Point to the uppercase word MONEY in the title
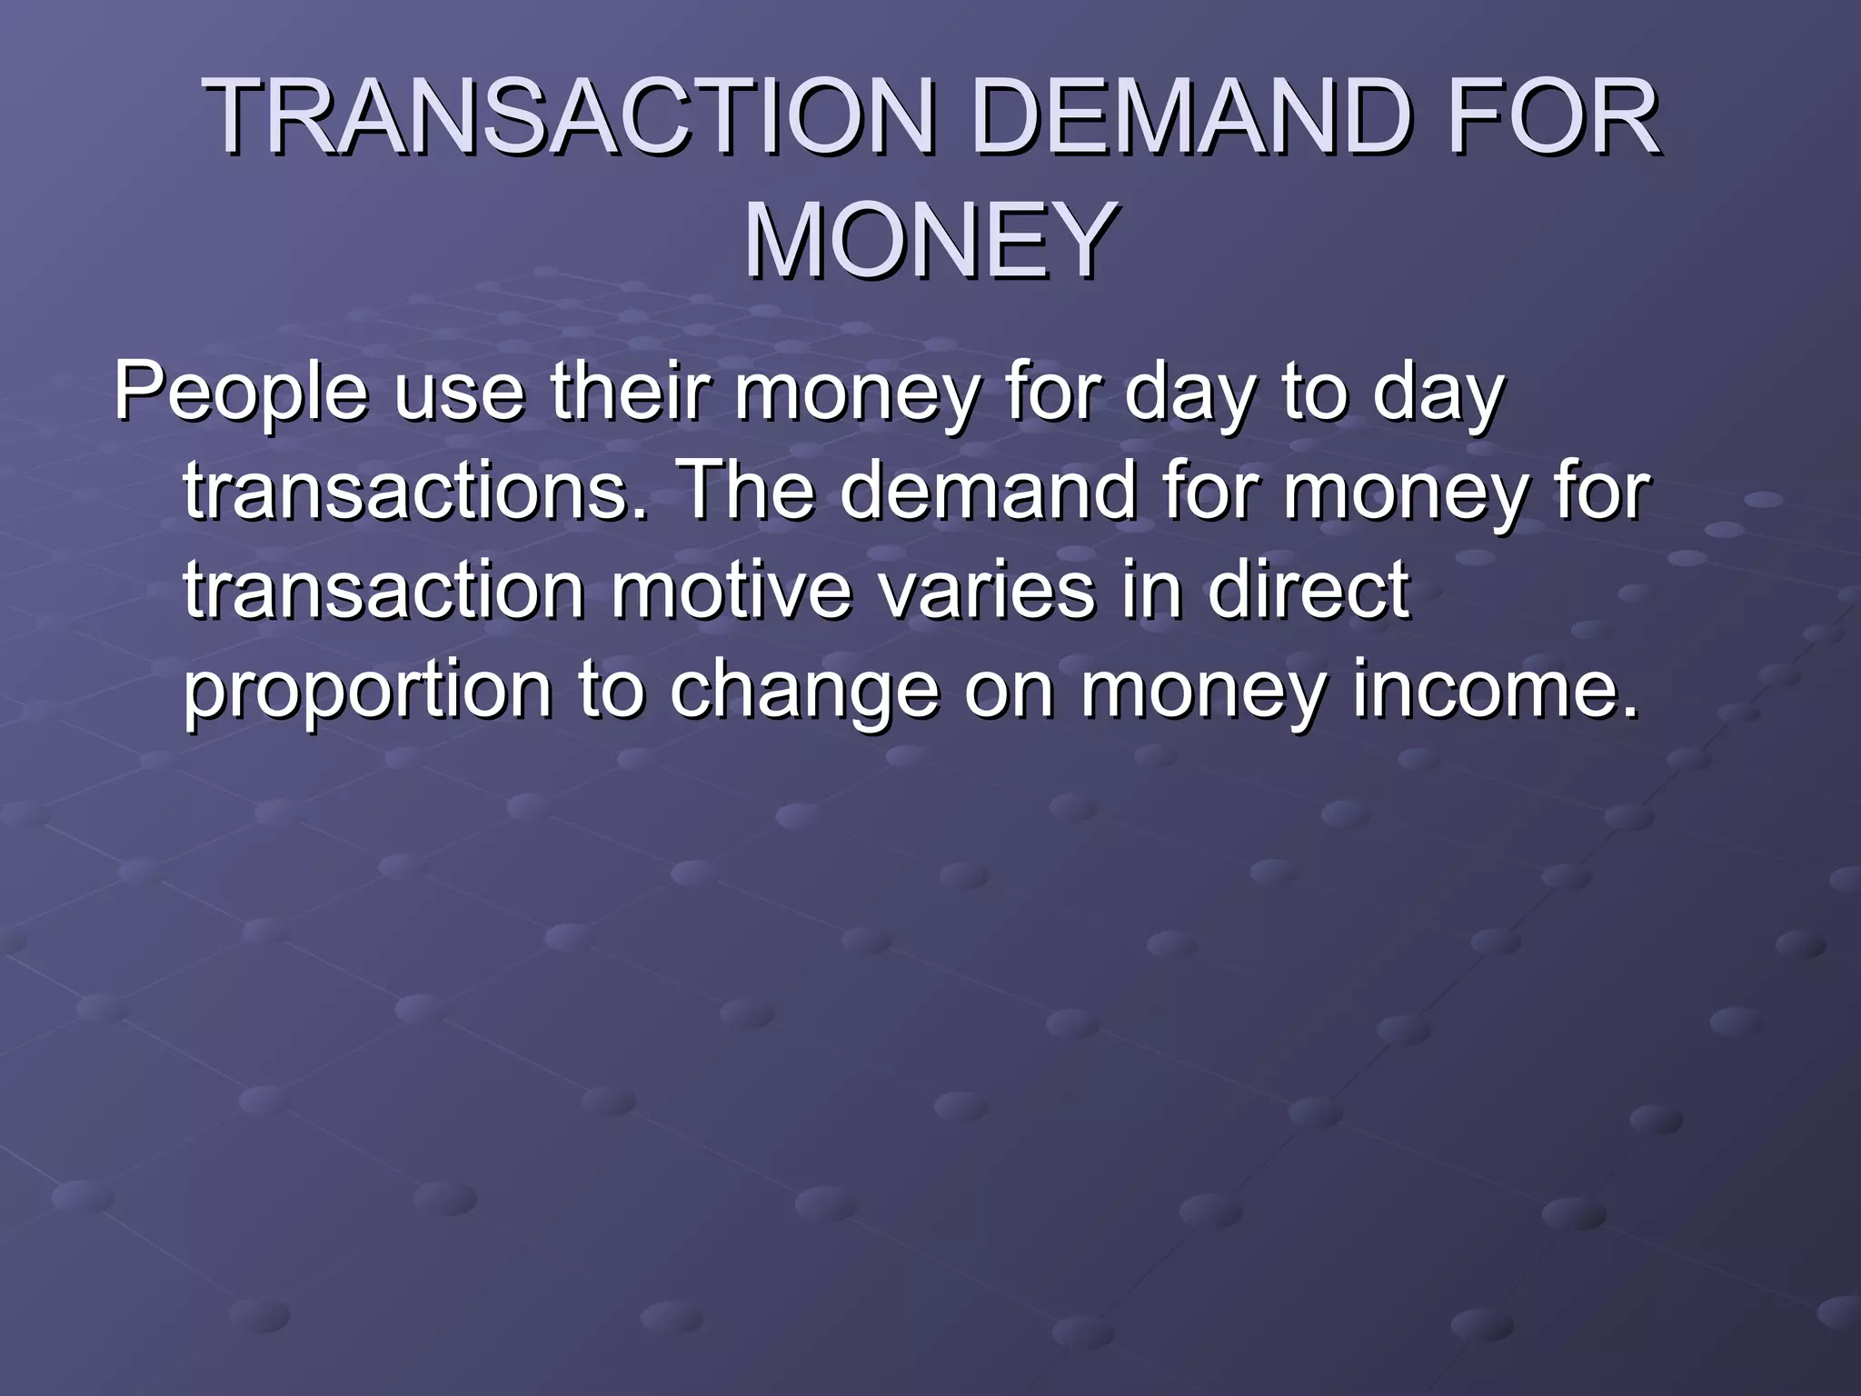pos(930,242)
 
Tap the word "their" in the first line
pos(630,393)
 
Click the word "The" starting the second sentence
pos(746,492)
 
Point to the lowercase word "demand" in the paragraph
pos(988,492)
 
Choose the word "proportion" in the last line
pos(367,691)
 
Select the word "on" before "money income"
pos(1009,691)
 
